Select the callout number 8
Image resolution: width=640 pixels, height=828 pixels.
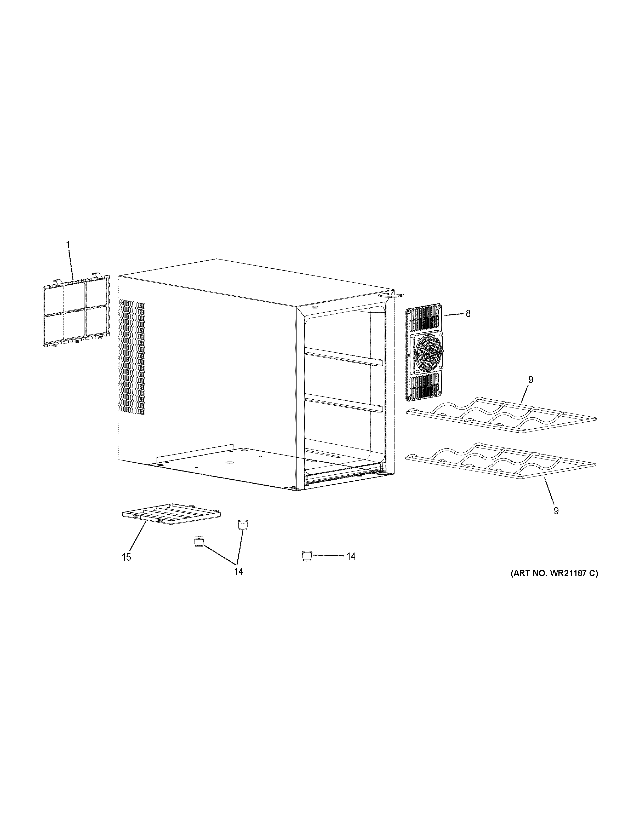[x=468, y=314]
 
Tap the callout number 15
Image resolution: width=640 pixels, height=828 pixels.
[x=126, y=557]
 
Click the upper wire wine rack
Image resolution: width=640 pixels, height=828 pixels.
[x=500, y=415]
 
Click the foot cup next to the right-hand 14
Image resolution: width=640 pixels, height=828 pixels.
[x=307, y=556]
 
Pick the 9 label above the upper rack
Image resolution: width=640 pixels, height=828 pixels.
[x=530, y=379]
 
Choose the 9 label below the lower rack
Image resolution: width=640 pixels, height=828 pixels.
[x=556, y=511]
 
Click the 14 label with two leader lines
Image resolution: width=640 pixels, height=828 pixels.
[x=238, y=571]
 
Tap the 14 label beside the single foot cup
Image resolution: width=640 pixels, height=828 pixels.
[x=351, y=556]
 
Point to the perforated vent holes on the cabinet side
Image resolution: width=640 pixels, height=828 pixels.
[x=132, y=356]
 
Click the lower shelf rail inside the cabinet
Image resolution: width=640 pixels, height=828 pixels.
[x=343, y=402]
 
